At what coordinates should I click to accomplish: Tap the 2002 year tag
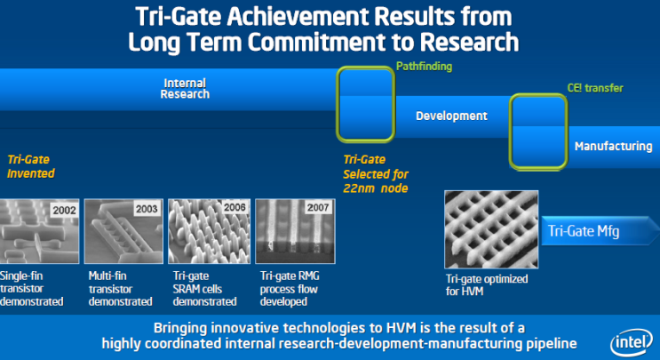[x=63, y=210]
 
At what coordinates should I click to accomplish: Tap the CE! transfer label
[x=594, y=88]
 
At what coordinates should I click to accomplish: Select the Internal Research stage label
[x=186, y=89]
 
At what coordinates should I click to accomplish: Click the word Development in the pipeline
[x=451, y=116]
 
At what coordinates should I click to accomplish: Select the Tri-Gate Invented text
[x=31, y=166]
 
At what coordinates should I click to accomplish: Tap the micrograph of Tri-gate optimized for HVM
[x=489, y=231]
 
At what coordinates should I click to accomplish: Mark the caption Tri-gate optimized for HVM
[x=487, y=284]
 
